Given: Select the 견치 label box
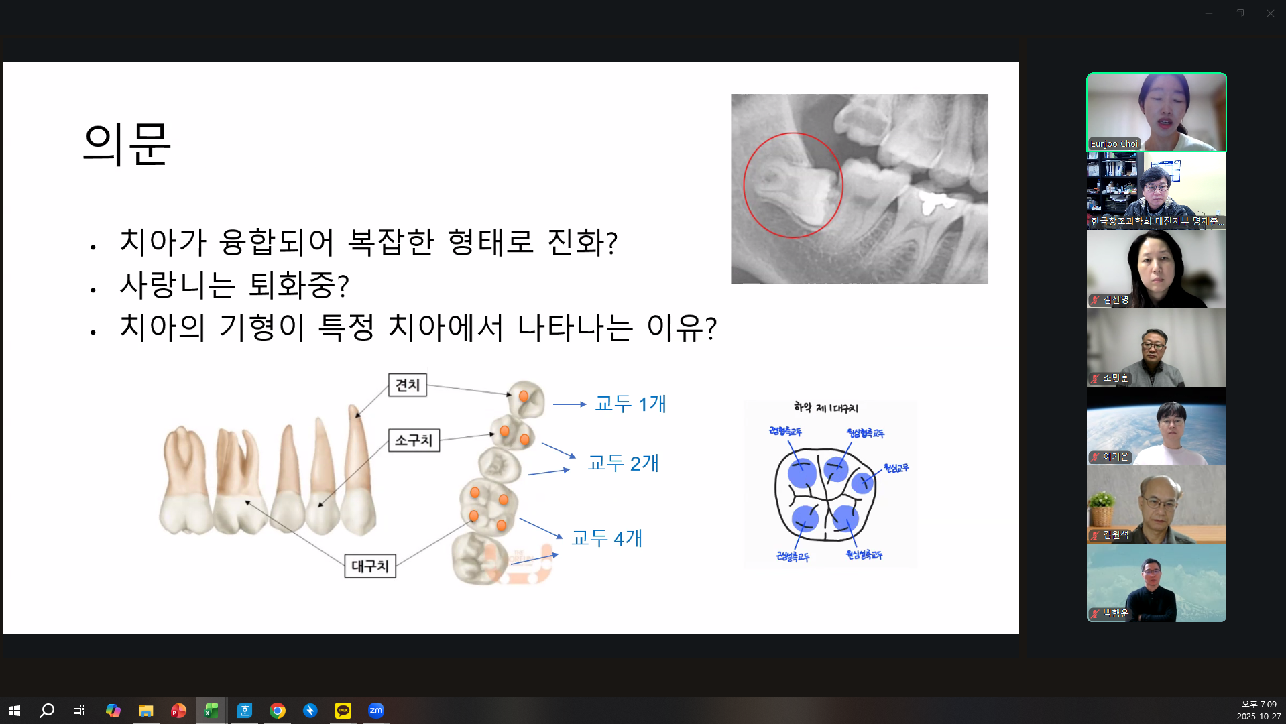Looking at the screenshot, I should click(x=407, y=385).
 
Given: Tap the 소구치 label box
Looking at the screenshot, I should click(x=414, y=440).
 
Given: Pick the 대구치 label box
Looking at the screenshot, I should click(x=370, y=566).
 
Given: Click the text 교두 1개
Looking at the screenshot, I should click(x=630, y=404).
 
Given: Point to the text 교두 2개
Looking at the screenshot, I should click(x=623, y=463).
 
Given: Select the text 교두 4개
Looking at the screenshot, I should click(x=607, y=538).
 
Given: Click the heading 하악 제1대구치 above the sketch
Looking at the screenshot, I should click(x=825, y=408).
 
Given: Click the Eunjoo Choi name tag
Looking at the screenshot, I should click(x=1114, y=144).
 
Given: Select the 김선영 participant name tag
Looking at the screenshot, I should click(x=1116, y=300).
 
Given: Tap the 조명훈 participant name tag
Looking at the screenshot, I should click(x=1116, y=378).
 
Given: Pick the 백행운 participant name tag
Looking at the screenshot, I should click(x=1116, y=613).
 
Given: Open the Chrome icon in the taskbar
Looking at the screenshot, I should click(x=277, y=711).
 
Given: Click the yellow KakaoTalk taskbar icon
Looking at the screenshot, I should click(x=343, y=711).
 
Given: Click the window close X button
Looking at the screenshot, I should click(x=1270, y=13).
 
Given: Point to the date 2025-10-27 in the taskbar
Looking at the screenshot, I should click(x=1259, y=717).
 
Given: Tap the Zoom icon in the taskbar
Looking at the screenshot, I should click(x=375, y=711).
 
